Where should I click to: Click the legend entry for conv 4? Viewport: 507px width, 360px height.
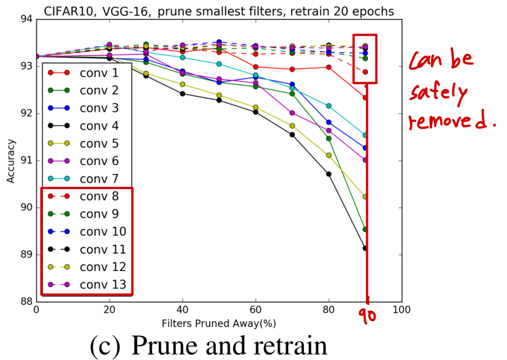coord(100,126)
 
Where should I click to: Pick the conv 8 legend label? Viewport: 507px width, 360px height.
coord(100,196)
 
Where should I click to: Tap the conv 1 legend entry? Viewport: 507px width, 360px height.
coord(100,73)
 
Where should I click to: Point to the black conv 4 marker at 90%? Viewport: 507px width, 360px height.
coord(365,248)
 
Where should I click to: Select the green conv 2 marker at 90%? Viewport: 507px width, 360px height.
coord(365,229)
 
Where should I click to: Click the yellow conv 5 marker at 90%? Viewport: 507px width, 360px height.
coord(365,196)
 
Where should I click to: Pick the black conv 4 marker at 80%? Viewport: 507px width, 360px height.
coord(329,174)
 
